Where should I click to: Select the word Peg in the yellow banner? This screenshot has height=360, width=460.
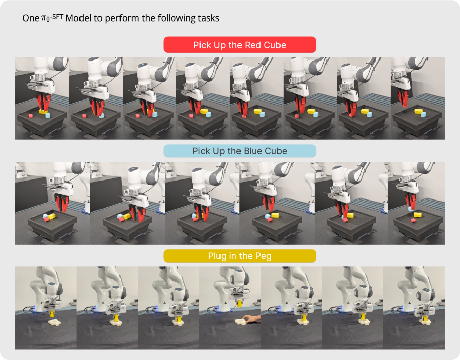[x=263, y=256]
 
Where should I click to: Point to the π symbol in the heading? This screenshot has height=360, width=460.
[x=44, y=18]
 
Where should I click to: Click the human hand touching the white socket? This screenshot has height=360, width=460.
[x=252, y=318]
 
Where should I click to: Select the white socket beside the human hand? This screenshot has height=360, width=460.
[x=242, y=321]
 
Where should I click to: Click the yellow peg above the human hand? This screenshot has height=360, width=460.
[x=239, y=303]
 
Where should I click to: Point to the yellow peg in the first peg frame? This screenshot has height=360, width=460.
[x=52, y=314]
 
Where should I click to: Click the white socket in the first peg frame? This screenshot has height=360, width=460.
[x=54, y=323]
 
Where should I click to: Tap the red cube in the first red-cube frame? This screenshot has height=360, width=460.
[x=30, y=116]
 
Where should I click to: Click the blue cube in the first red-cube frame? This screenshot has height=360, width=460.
[x=48, y=115]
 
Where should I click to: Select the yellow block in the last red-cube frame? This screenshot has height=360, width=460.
[x=418, y=111]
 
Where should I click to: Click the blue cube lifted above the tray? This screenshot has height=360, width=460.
[x=411, y=209]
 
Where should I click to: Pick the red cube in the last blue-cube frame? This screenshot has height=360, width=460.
[x=413, y=221]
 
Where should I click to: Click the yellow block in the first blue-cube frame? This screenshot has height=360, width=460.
[x=52, y=216]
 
